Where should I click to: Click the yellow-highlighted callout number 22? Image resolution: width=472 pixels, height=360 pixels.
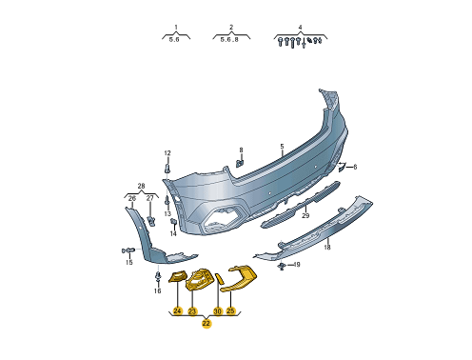tap(206, 324)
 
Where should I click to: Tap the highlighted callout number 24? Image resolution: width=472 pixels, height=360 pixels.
tap(177, 311)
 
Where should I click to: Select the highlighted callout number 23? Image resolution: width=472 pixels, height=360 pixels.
tap(192, 311)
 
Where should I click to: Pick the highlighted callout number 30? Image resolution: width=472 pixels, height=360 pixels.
tap(217, 311)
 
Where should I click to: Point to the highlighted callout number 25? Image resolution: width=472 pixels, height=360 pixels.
tap(230, 310)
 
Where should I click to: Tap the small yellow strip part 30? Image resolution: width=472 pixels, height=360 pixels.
tap(220, 278)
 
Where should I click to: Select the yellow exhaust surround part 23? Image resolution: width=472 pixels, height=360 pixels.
tap(198, 279)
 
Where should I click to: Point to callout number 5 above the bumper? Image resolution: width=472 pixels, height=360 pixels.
tap(282, 147)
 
